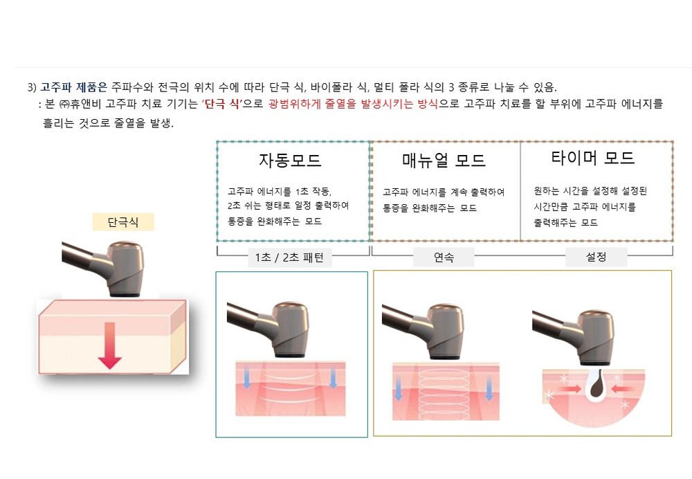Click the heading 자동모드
(290, 160)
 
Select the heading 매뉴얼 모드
(444, 160)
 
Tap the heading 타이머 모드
(593, 158)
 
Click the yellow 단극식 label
(123, 222)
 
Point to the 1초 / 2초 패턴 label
(289, 257)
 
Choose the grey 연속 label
(444, 257)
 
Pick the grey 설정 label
(596, 257)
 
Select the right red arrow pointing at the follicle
(622, 389)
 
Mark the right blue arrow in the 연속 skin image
(489, 389)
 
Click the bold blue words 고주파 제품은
(74, 87)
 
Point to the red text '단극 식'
(222, 105)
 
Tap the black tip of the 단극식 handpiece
(125, 294)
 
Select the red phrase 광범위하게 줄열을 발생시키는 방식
(353, 105)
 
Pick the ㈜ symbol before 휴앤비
(64, 105)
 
